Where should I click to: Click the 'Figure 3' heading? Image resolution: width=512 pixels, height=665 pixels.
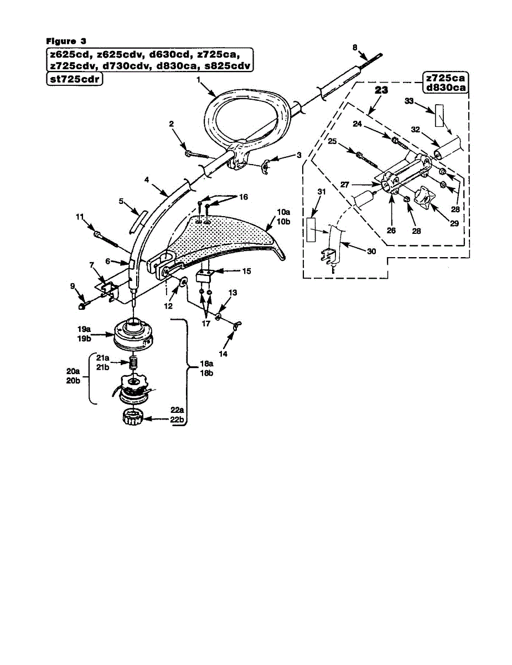click(x=66, y=40)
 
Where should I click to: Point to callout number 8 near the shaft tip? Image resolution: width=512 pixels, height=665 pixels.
click(x=355, y=47)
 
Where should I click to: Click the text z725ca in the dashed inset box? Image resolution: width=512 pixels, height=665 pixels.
click(x=445, y=78)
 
